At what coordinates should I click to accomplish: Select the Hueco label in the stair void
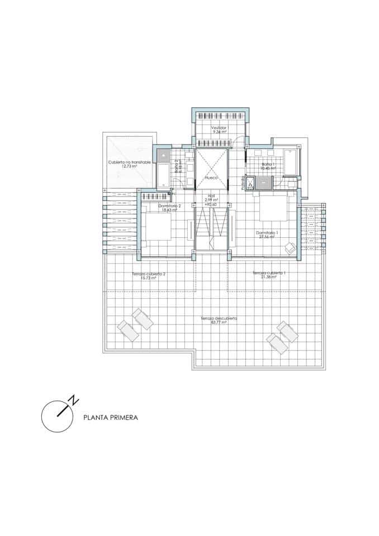[x=210, y=178]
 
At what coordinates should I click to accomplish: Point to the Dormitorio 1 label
[x=267, y=232]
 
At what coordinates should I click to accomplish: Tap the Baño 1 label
[x=268, y=164]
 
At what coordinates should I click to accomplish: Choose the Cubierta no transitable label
[x=129, y=162]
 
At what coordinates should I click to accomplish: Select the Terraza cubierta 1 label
[x=269, y=272]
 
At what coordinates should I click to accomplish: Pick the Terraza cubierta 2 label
[x=148, y=274]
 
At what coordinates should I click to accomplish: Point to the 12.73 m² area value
[x=129, y=166]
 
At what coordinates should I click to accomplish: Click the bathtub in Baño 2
[x=163, y=175]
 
